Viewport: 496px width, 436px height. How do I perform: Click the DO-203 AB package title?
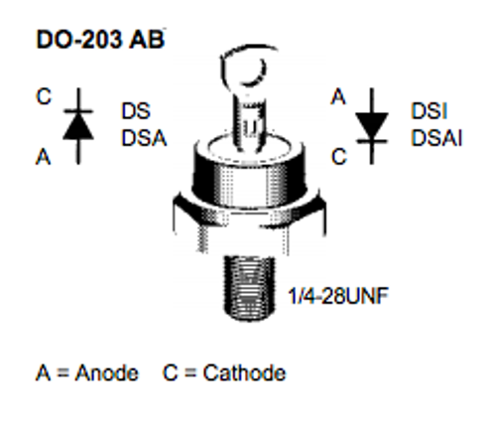pyautogui.click(x=100, y=40)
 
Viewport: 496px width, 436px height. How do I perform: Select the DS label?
pyautogui.click(x=136, y=111)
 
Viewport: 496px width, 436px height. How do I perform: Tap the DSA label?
pyautogui.click(x=144, y=138)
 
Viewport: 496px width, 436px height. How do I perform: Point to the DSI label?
pyautogui.click(x=429, y=111)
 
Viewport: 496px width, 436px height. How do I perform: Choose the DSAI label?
pyautogui.click(x=436, y=138)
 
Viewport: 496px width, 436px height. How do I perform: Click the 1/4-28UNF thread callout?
pyautogui.click(x=338, y=296)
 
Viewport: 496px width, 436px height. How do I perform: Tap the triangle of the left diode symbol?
pyautogui.click(x=78, y=126)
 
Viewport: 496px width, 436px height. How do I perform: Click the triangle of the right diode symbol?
pyautogui.click(x=372, y=126)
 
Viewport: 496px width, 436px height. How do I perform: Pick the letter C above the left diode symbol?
pyautogui.click(x=44, y=96)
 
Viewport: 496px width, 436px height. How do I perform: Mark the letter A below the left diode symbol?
pyautogui.click(x=44, y=157)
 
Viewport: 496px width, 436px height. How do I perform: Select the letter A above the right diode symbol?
pyautogui.click(x=338, y=96)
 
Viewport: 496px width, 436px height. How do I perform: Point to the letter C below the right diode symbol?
pyautogui.click(x=339, y=157)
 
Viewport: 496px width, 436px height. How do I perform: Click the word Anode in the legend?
pyautogui.click(x=107, y=373)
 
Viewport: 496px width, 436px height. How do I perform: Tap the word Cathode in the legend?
pyautogui.click(x=244, y=373)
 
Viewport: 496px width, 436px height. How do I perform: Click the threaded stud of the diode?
pyautogui.click(x=249, y=288)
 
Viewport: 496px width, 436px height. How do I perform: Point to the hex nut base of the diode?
pyautogui.click(x=249, y=221)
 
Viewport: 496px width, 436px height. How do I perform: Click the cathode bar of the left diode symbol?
pyautogui.click(x=78, y=111)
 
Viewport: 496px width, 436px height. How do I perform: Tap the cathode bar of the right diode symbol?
pyautogui.click(x=372, y=141)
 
